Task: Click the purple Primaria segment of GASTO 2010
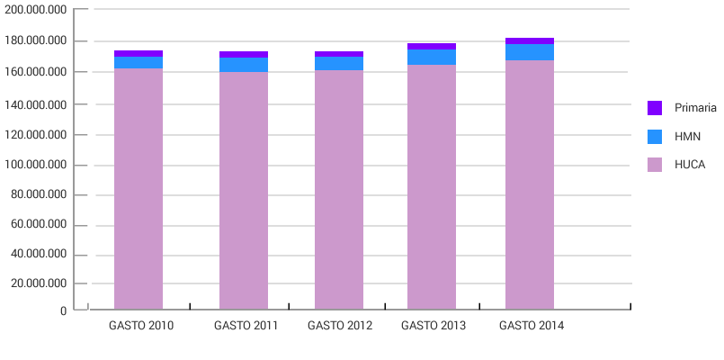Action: (138, 53)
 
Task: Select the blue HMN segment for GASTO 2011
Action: (243, 64)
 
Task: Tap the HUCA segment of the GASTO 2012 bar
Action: (338, 189)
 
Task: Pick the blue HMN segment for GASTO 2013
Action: (431, 57)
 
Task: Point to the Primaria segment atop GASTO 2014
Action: (529, 40)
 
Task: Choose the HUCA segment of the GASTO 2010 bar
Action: (138, 189)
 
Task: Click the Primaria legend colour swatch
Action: (655, 108)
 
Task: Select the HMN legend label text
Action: (687, 136)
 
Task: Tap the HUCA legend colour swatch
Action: (655, 165)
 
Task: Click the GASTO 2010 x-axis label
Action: (141, 326)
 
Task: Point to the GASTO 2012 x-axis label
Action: (339, 326)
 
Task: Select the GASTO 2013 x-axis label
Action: (434, 326)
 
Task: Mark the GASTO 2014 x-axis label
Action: (532, 326)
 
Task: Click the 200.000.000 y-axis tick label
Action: (36, 10)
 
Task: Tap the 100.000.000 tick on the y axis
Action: (36, 166)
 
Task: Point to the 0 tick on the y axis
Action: (63, 311)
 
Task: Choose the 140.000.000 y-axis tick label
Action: (36, 104)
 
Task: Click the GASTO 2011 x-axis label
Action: (246, 326)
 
